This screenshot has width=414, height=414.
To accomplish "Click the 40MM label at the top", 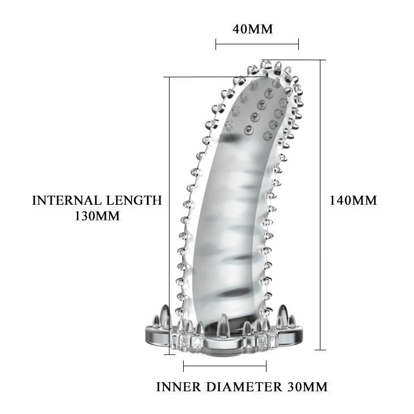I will pyautogui.click(x=252, y=29).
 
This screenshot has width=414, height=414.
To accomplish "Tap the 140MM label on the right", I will pyautogui.click(x=353, y=200).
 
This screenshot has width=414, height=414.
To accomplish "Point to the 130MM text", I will pyautogui.click(x=97, y=216).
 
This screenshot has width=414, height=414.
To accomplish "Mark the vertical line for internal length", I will pyautogui.click(x=170, y=216).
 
